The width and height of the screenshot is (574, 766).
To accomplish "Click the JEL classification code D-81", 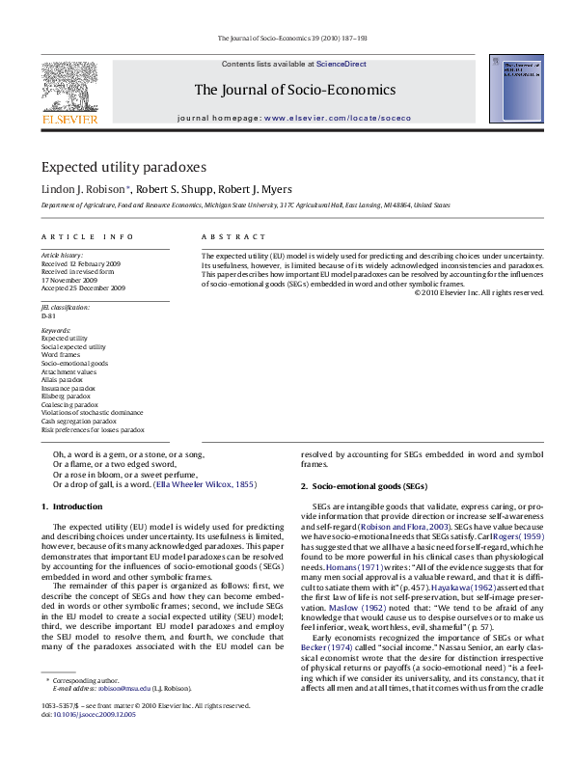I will (48, 315).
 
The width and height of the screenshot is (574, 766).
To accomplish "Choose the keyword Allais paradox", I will (63, 381).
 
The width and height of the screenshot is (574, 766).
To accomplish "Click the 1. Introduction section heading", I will (71, 506).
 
